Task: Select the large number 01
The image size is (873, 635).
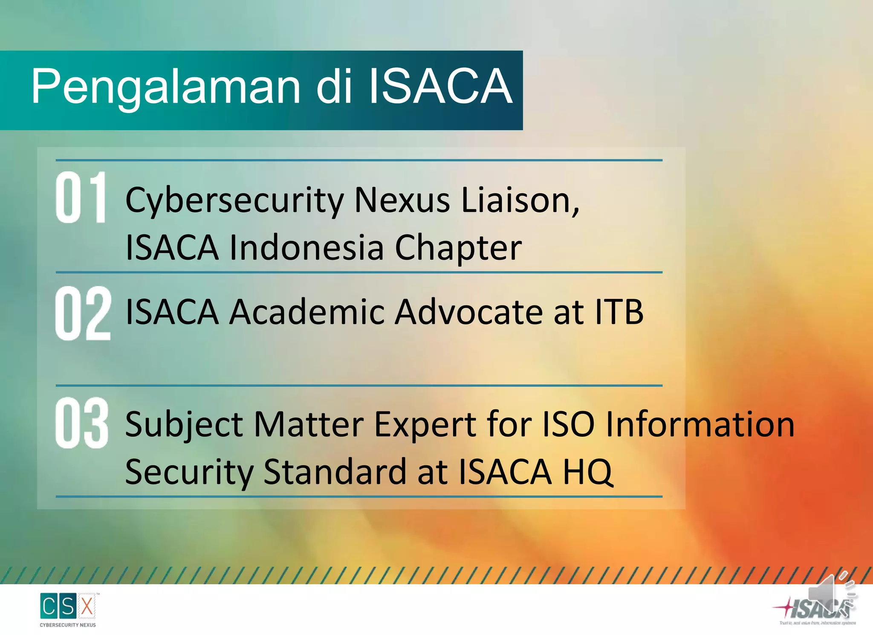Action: coord(81,197)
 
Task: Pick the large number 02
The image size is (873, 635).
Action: coord(83,313)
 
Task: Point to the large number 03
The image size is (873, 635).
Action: coord(82,423)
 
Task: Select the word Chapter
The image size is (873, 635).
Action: coord(458,248)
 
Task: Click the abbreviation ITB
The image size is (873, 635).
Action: coord(619,312)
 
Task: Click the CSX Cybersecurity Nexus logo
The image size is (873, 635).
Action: coord(68,609)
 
